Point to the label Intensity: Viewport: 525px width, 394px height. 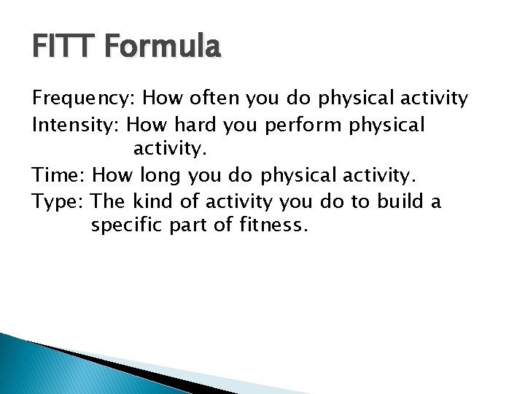[x=77, y=125]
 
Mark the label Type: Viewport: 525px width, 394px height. [x=59, y=202]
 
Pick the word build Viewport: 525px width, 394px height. [x=401, y=201]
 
